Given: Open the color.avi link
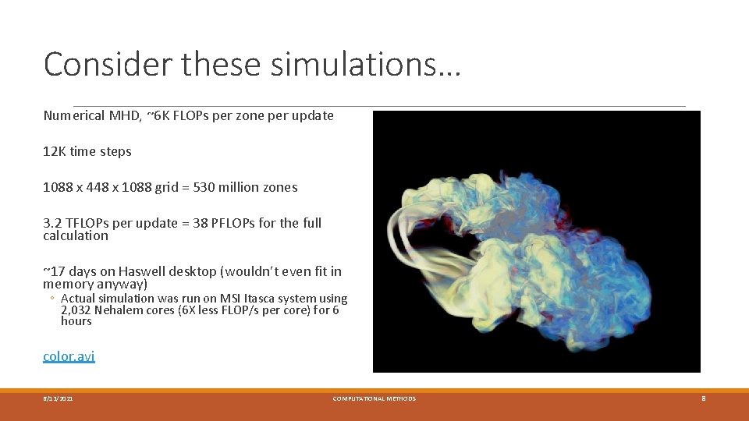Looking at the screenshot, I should (x=69, y=356).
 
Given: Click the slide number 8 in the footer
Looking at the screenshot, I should (x=703, y=398).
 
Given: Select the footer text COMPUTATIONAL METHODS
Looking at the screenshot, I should (x=374, y=398).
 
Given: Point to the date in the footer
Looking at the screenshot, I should (x=59, y=398).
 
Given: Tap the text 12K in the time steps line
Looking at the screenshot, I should (x=54, y=151).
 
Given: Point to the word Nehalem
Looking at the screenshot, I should (x=120, y=310).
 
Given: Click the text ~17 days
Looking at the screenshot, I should (x=68, y=271).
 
